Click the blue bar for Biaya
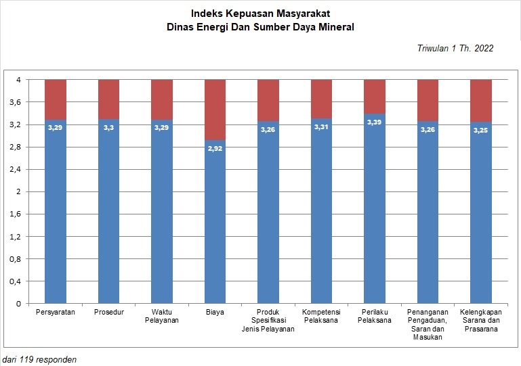point(215,222)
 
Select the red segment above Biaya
point(215,110)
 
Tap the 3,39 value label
point(374,122)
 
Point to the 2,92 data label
point(215,149)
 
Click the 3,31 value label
point(321,127)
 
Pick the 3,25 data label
point(481,130)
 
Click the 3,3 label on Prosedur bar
point(108,127)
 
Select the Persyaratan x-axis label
point(56,312)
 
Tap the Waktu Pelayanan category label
point(162,316)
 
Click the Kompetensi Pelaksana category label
point(321,316)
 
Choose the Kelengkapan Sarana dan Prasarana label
point(481,320)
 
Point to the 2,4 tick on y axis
point(16,169)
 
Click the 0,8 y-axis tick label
point(16,259)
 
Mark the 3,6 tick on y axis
point(16,102)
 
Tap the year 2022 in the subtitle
point(484,48)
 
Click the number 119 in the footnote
point(26,360)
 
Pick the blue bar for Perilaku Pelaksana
point(375,209)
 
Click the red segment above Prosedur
point(108,99)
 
